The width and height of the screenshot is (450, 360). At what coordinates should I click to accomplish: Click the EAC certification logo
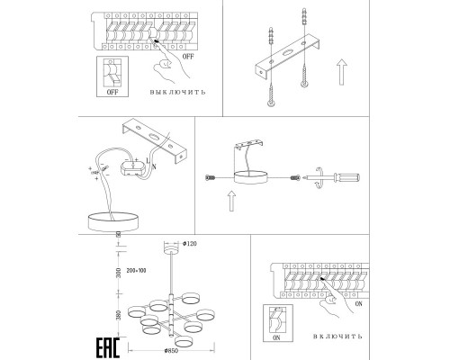(x=108, y=348)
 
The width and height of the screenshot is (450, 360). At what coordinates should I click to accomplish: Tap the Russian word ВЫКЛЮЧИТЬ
(x=178, y=92)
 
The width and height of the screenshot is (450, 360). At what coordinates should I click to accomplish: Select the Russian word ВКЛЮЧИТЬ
(x=337, y=337)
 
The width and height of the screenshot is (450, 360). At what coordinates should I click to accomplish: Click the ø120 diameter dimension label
(x=190, y=244)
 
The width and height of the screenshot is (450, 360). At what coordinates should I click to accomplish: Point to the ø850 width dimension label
(x=171, y=350)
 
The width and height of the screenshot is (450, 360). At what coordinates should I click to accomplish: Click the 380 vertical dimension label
(x=119, y=315)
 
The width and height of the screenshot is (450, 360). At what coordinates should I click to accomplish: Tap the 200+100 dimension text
(x=136, y=271)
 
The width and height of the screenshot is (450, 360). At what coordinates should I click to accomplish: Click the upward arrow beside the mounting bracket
(x=342, y=72)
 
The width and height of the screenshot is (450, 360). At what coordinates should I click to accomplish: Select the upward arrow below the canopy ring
(x=231, y=201)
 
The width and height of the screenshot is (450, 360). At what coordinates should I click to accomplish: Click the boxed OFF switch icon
(x=112, y=76)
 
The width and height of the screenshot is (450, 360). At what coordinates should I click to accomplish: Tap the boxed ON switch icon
(x=277, y=323)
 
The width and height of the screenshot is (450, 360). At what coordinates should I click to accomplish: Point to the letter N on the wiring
(x=155, y=167)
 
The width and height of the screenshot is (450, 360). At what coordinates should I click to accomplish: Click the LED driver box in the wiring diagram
(x=133, y=169)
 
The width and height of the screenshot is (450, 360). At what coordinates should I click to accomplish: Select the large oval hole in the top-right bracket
(x=287, y=53)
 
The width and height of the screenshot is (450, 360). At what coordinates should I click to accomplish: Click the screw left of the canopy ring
(x=211, y=178)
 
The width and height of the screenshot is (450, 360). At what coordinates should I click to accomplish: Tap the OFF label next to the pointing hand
(x=188, y=57)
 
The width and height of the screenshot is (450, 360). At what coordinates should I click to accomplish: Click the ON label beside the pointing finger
(x=358, y=304)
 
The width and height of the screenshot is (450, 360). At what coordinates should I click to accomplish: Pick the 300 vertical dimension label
(x=119, y=273)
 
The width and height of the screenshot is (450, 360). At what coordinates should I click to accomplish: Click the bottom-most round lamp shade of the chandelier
(x=184, y=342)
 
